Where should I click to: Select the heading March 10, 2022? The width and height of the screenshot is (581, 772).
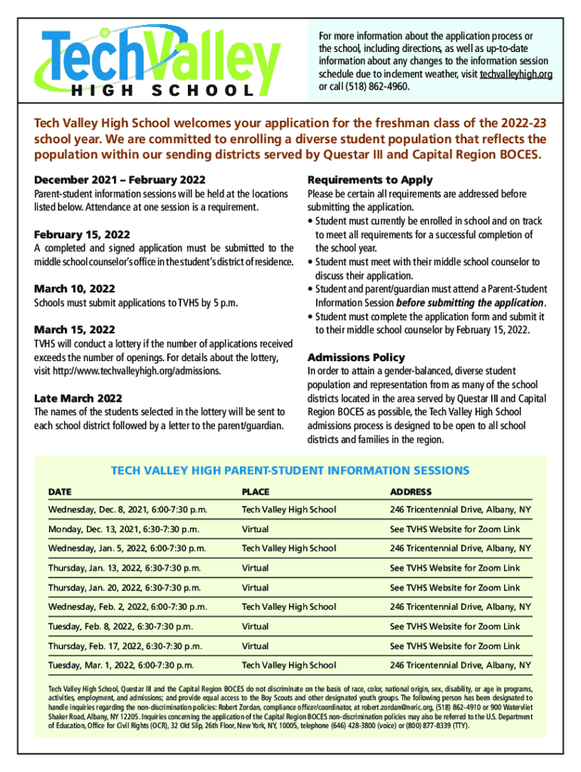(75, 289)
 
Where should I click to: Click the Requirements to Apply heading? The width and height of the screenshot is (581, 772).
(370, 180)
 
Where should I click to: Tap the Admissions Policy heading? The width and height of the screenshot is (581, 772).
(356, 357)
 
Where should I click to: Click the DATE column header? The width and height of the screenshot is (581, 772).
(60, 492)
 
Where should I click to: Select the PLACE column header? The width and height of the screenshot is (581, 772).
(255, 492)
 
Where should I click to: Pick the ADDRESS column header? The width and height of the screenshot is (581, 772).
(410, 492)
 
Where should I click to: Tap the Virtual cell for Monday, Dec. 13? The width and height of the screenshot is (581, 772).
(255, 529)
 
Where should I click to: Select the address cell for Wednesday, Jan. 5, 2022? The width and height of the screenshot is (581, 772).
(460, 548)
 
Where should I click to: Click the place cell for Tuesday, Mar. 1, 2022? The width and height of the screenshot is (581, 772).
(288, 666)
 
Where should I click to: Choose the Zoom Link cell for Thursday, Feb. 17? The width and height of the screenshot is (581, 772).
(454, 646)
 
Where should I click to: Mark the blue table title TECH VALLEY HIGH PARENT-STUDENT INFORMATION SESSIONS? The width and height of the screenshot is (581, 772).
(290, 470)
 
